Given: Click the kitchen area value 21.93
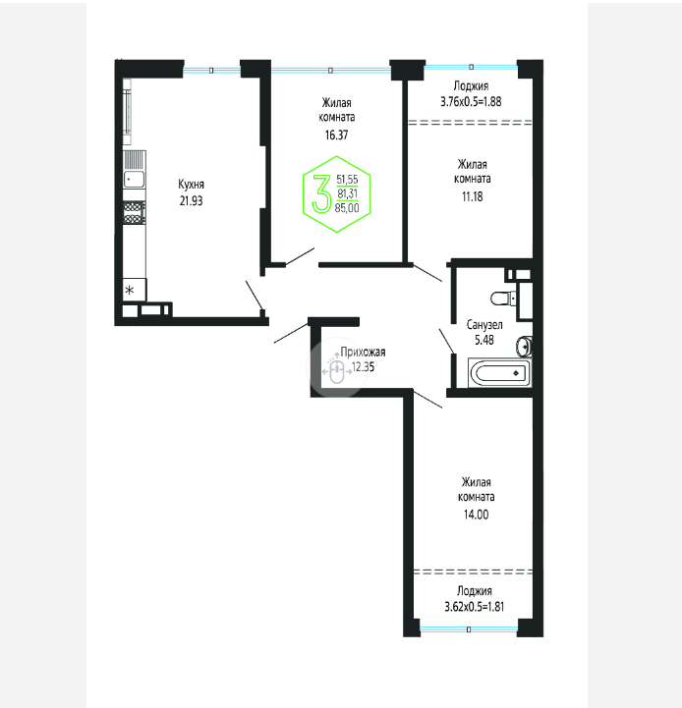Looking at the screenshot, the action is click(192, 200).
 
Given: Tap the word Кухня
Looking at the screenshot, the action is click(192, 185).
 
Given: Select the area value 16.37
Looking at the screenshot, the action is click(337, 135).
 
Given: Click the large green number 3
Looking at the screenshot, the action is click(321, 193).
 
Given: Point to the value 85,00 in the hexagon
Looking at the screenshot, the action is click(347, 208).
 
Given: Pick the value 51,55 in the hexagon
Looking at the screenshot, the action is click(347, 180).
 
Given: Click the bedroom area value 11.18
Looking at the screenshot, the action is click(473, 196).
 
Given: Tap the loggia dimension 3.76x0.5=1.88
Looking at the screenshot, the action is click(471, 101).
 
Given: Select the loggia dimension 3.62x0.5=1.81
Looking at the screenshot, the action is click(474, 607).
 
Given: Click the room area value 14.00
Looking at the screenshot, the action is click(476, 515).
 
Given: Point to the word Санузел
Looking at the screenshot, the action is click(484, 324).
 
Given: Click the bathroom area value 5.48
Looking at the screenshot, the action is click(484, 340).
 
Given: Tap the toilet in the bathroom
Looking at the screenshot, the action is click(503, 298).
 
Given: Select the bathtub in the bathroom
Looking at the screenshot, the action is click(499, 373).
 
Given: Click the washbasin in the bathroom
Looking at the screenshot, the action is click(524, 347).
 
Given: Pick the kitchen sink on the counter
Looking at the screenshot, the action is click(135, 180).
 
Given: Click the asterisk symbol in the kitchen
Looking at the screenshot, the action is click(130, 290).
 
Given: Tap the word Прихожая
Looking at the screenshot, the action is click(363, 352).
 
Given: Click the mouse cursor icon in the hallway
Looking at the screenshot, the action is click(337, 371).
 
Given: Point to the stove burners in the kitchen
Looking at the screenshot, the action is click(135, 213).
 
